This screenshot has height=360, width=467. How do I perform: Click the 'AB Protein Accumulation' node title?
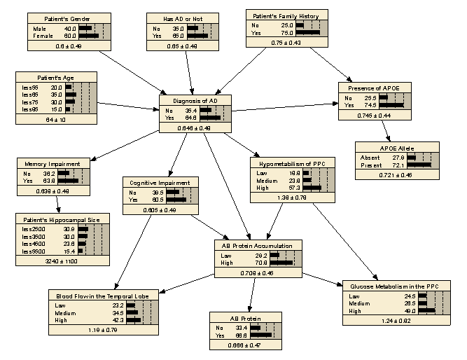click(258, 246)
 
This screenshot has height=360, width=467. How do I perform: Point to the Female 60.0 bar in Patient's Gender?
click(89, 35)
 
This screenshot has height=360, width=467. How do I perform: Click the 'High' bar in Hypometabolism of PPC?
click(312, 188)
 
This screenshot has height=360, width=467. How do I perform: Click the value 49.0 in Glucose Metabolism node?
click(407, 311)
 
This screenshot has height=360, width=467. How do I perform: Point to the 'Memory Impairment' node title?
click(56, 163)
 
